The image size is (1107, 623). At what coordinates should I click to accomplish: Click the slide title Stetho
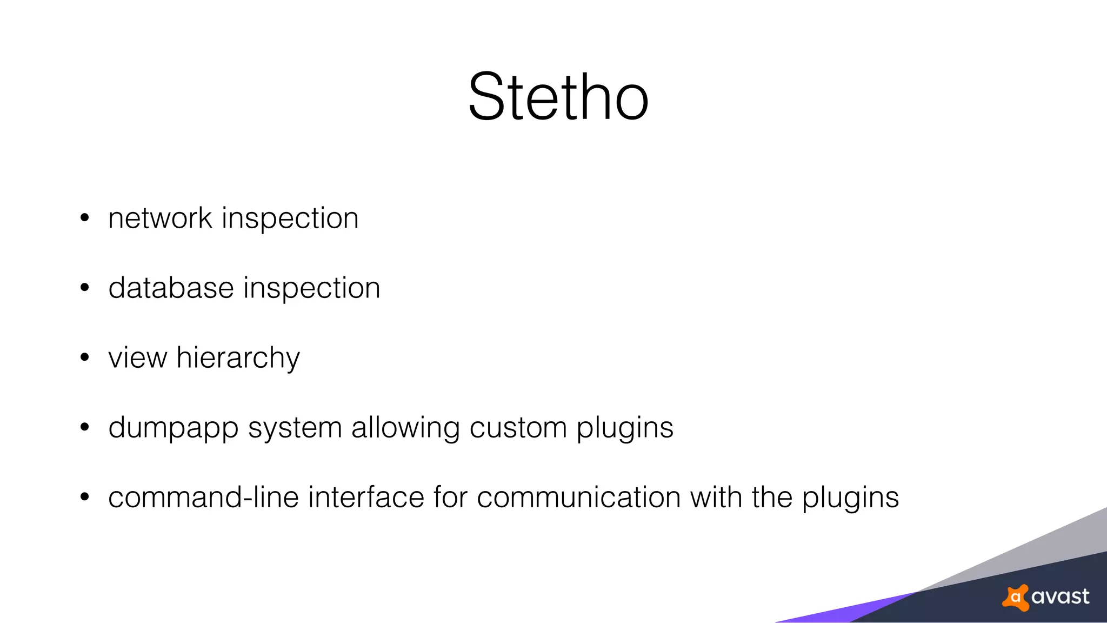[x=558, y=97]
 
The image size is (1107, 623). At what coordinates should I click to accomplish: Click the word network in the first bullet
[x=160, y=218]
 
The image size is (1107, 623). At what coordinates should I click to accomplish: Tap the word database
[x=171, y=288]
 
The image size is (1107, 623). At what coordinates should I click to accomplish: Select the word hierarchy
[x=238, y=358]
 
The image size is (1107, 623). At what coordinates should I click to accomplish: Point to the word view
[x=137, y=358]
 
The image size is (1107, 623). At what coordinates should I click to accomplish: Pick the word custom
[x=518, y=428]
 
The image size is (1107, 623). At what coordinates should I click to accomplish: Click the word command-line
[x=203, y=498]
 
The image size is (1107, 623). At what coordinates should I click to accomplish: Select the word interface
[x=366, y=498]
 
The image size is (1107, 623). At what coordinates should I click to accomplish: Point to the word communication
[x=578, y=498]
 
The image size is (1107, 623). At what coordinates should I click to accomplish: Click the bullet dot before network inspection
[x=84, y=218]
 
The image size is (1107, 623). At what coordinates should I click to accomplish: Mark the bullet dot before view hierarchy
[x=84, y=358]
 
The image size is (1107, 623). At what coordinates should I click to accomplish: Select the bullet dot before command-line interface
[x=84, y=498]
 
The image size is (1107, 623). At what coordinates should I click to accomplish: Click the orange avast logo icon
[x=1016, y=598]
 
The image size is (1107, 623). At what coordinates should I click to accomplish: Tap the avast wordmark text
[x=1060, y=597]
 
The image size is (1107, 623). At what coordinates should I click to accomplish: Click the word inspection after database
[x=312, y=288]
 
